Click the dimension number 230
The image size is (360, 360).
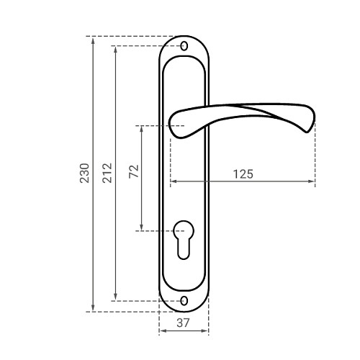coord(84,173)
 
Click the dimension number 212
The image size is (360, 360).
coord(107,173)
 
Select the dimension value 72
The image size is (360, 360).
coord(134,171)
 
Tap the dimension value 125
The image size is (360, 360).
coord(243,174)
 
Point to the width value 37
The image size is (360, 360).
coord(183,323)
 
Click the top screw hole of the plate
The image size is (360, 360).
coord(184,46)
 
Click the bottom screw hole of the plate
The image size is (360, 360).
coord(184,301)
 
